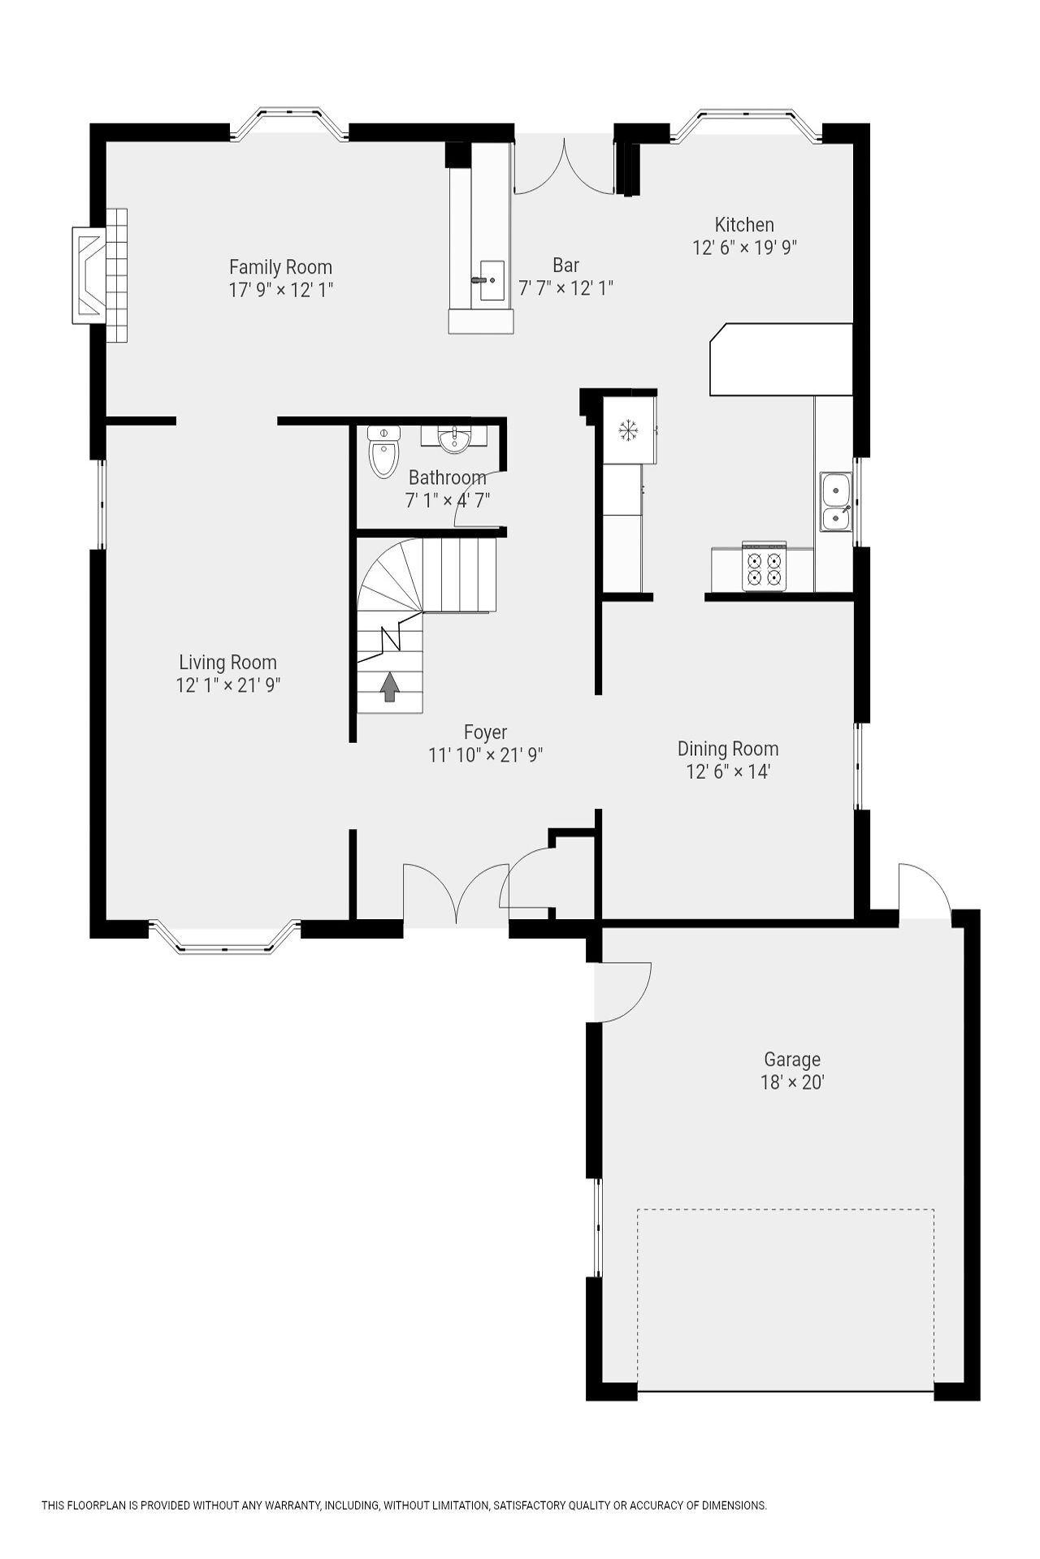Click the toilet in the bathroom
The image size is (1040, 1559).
384,452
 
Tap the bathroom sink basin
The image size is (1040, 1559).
454,440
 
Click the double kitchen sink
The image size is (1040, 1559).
835,502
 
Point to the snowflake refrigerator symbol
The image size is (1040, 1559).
627,430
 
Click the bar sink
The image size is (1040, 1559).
492,280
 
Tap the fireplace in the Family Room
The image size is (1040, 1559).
89,275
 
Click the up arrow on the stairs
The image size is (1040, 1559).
390,686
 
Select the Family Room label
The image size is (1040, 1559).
280,267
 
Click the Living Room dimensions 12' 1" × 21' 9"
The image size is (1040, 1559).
228,685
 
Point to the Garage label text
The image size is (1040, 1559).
792,1060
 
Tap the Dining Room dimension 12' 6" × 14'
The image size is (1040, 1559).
728,771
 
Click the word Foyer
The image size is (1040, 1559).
486,732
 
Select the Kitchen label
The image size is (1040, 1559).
744,225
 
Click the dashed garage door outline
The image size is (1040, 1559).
786,1210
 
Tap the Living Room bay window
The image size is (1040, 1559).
225,945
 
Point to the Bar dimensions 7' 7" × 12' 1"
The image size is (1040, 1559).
566,288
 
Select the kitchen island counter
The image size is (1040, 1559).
781,360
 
